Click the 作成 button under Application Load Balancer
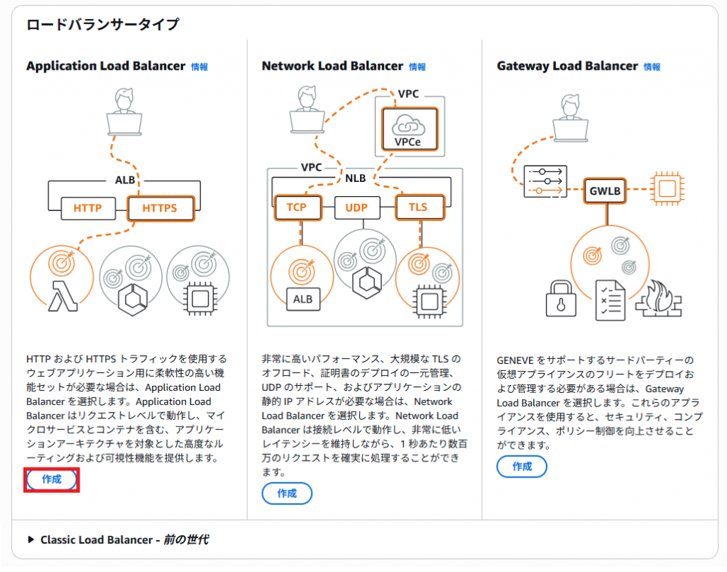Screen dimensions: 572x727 (51, 480)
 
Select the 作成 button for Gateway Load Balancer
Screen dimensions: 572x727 (522, 467)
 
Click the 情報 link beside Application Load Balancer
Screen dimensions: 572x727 (199, 67)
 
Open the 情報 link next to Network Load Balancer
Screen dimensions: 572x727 (417, 67)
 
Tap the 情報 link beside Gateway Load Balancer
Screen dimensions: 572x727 (652, 67)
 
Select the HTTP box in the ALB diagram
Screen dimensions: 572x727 (87, 208)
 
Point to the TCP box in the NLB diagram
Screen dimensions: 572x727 (296, 207)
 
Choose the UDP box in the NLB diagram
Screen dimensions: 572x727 (356, 207)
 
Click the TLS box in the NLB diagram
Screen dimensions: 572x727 (418, 207)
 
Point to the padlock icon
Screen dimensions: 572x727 (561, 298)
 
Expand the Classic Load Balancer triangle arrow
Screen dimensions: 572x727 (31, 539)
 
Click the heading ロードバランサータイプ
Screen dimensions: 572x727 (102, 25)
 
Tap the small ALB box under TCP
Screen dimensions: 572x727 (302, 298)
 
